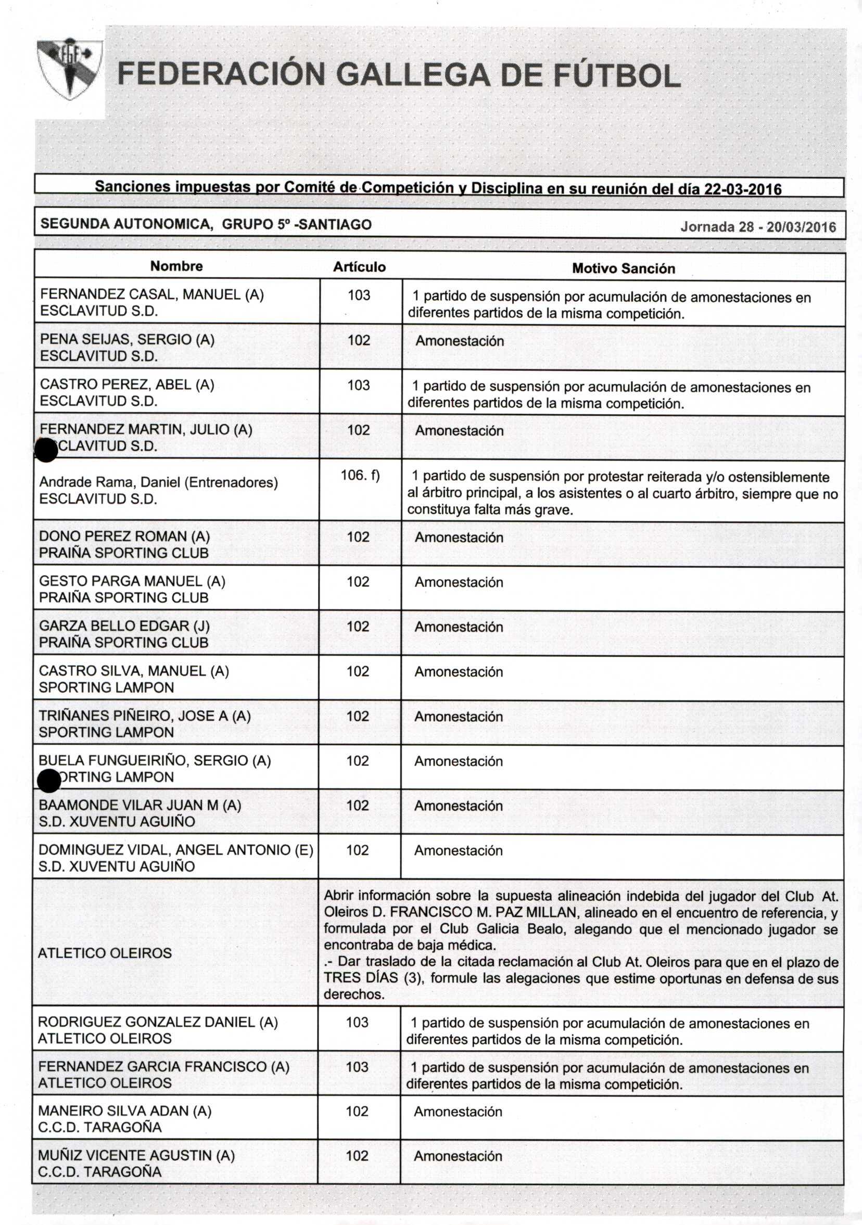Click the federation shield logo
(69, 69)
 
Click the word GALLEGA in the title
(414, 75)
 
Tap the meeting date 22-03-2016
(742, 189)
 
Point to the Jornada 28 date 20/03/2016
(801, 227)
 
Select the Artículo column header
(359, 267)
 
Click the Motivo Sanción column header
(623, 269)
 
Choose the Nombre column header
(176, 266)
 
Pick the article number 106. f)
(360, 475)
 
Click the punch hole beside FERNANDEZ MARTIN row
(46, 450)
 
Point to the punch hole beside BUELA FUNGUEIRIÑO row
(49, 781)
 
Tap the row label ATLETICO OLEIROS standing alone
(105, 953)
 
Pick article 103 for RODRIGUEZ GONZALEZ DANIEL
(357, 1022)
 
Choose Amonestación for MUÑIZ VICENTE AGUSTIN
(458, 1156)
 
